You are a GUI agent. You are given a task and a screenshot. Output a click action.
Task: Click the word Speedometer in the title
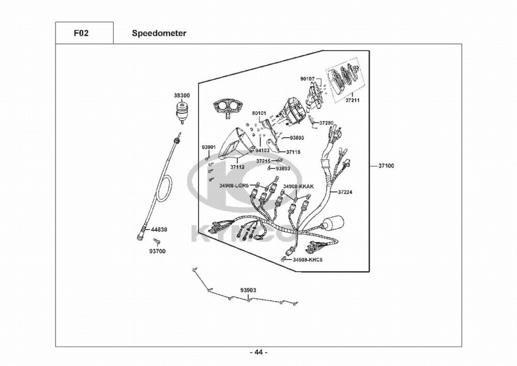coord(159,34)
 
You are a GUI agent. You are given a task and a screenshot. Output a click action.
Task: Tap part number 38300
coord(181,96)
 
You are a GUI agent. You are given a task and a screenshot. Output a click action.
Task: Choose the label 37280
coord(326,123)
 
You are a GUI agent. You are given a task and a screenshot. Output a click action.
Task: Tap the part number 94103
coord(263,150)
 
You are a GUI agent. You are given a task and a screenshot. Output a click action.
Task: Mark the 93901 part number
coord(208,147)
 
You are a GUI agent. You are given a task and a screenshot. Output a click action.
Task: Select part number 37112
coord(237,167)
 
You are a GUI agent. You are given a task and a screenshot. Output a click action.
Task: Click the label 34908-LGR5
coord(234,185)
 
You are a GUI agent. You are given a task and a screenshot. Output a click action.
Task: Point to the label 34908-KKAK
coord(298,185)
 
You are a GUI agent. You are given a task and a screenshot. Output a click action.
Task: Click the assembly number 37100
coord(386,166)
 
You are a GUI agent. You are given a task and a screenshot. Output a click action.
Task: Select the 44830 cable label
coord(159,229)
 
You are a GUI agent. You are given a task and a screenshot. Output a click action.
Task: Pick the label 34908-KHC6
coord(308,259)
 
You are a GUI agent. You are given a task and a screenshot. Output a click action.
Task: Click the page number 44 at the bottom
coord(258,353)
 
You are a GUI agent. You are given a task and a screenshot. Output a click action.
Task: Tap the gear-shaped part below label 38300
coord(182,111)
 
